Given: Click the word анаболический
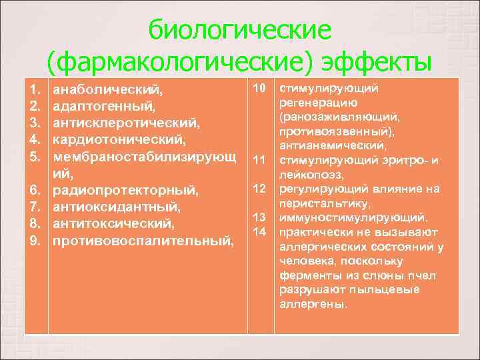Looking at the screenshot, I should pyautogui.click(x=108, y=89).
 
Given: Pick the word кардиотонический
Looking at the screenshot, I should pyautogui.click(x=119, y=141).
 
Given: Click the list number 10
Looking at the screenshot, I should pyautogui.click(x=261, y=88).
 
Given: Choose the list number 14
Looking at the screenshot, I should pyautogui.click(x=261, y=231).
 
